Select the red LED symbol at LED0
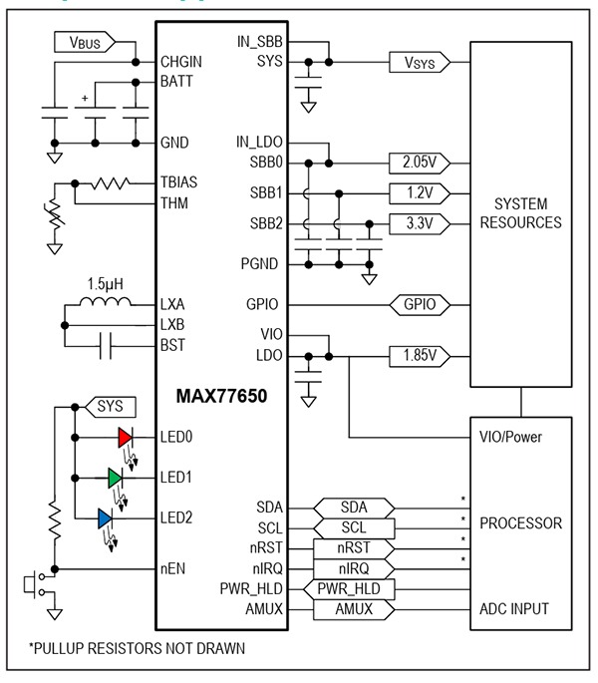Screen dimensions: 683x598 pos(125,437)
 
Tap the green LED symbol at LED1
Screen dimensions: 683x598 pos(116,479)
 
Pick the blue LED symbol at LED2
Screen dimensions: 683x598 pos(106,517)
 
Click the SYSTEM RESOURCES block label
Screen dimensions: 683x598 pos(520,212)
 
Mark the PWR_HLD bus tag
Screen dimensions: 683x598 pos(354,589)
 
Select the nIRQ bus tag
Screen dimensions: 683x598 pos(354,568)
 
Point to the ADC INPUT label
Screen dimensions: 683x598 pos(520,609)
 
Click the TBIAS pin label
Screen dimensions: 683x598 pos(181,183)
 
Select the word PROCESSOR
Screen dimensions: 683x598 pos(520,522)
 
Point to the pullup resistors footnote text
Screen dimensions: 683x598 pos(138,648)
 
